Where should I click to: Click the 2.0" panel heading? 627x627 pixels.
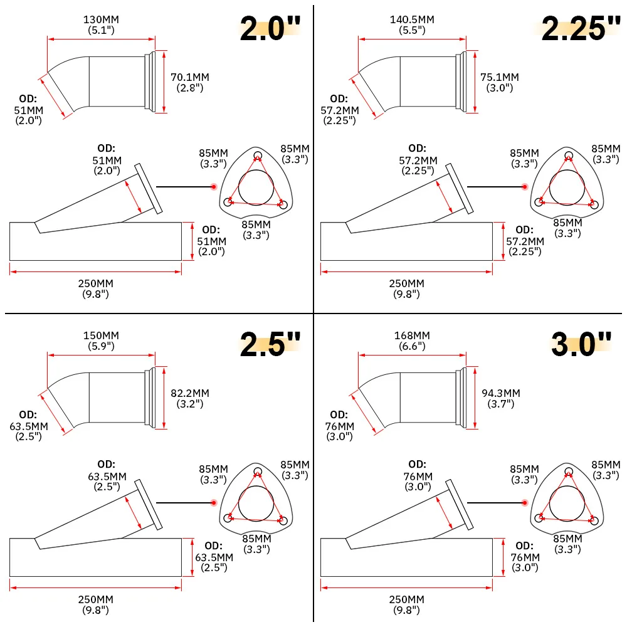[270, 28]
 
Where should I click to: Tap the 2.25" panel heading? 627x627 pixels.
[581, 28]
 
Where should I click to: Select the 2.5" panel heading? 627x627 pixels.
[270, 344]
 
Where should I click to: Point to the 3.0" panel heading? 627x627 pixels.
[581, 344]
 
